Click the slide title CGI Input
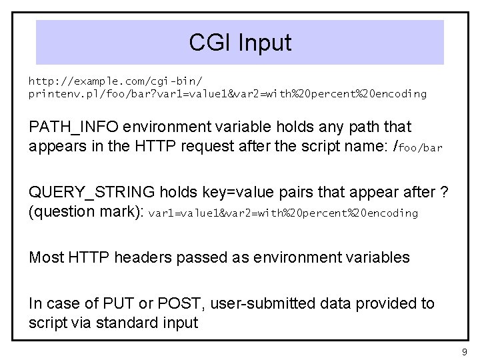click(x=240, y=43)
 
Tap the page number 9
click(x=465, y=351)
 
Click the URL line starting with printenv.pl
click(x=227, y=94)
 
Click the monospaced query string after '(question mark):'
click(x=283, y=214)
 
